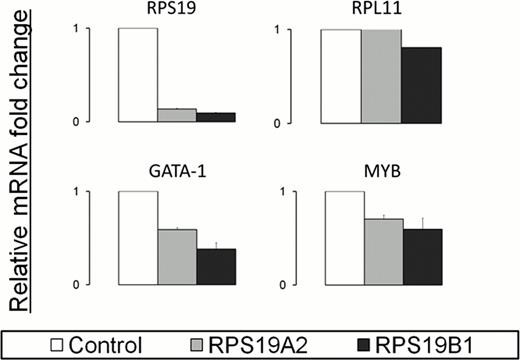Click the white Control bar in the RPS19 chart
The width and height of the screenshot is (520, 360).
[137, 75]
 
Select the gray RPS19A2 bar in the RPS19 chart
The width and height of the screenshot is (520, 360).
[176, 115]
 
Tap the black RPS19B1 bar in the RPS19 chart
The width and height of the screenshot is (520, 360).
[215, 117]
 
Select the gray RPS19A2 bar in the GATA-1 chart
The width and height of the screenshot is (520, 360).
[176, 257]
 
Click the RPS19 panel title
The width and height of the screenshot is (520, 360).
[175, 12]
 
